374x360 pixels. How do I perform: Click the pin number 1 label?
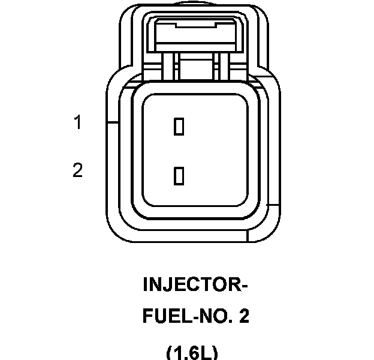[x=77, y=123]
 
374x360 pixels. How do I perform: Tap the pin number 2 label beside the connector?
[x=77, y=171]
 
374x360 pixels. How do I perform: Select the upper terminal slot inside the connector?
[x=178, y=127]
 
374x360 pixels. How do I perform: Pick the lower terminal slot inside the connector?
[x=178, y=176]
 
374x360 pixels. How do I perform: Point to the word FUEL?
[x=161, y=316]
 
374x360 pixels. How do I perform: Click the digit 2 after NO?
[x=243, y=316]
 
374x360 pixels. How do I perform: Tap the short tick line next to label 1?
[x=111, y=123]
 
